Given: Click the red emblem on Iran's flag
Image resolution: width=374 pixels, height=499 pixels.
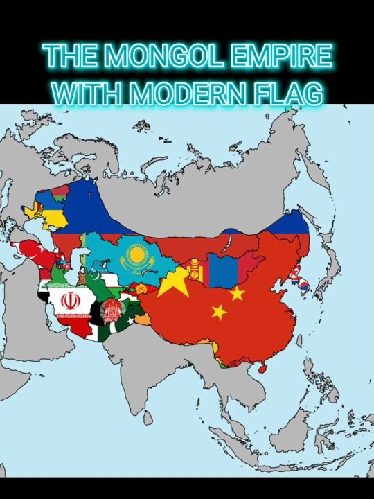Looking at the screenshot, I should [69, 301].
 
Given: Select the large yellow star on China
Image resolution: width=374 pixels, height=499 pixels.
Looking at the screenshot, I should [173, 283].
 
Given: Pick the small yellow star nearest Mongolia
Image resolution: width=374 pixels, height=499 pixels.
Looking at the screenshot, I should [237, 294].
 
